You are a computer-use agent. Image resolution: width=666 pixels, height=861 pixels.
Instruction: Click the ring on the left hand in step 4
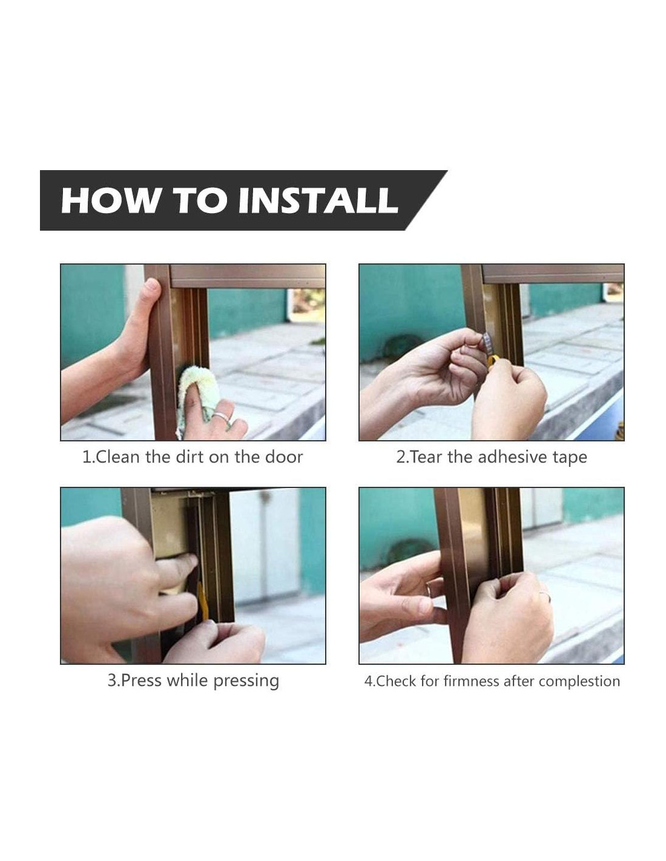coord(429,590)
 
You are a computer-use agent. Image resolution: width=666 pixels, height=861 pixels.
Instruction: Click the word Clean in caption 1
coord(118,457)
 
